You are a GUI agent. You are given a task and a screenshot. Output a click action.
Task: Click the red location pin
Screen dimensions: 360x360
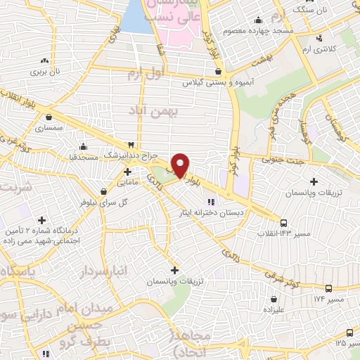(181, 165)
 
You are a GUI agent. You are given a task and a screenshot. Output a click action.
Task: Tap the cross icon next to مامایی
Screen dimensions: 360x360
(127, 171)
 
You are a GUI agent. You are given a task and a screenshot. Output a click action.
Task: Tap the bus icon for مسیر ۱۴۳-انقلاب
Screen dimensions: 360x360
(283, 222)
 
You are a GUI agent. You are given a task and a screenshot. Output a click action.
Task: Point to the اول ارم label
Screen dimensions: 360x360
(147, 73)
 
